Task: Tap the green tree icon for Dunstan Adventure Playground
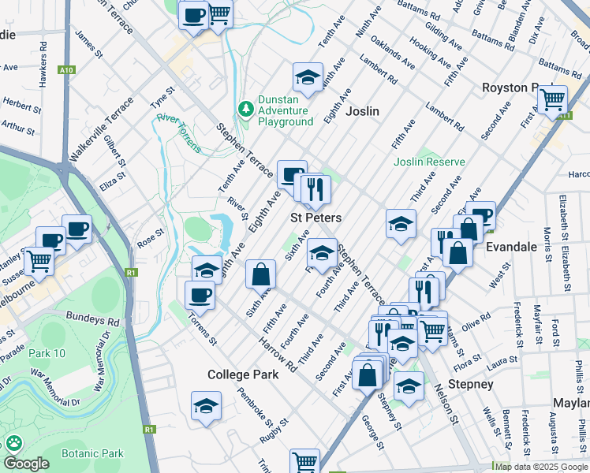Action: pyautogui.click(x=246, y=108)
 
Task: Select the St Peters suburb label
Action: pyautogui.click(x=316, y=218)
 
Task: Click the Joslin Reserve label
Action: pyautogui.click(x=430, y=162)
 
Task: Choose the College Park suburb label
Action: pyautogui.click(x=243, y=375)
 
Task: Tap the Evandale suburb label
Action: pyautogui.click(x=511, y=247)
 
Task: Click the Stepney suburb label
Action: pyautogui.click(x=470, y=385)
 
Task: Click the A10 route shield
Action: pyautogui.click(x=67, y=70)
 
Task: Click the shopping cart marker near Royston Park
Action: pyautogui.click(x=552, y=99)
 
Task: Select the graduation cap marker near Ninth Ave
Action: pyautogui.click(x=308, y=76)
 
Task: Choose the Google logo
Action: pyautogui.click(x=26, y=464)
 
